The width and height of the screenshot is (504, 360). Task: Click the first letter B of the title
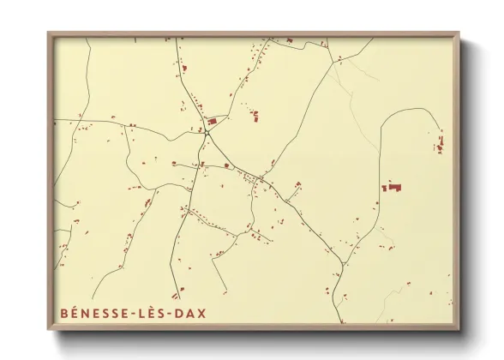63,312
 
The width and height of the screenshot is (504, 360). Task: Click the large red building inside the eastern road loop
393,186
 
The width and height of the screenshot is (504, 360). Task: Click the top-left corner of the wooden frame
49,33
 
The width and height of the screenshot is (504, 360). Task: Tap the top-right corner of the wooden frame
459,33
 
